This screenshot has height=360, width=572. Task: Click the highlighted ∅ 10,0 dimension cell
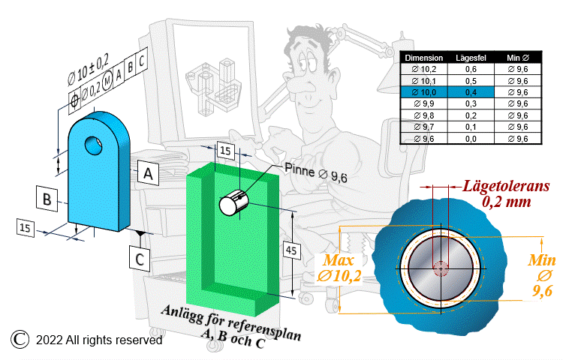424,92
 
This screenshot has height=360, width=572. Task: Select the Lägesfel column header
471,58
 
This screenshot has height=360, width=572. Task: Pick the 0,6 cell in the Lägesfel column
471,69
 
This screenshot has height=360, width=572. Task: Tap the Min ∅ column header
518,58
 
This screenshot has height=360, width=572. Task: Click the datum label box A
148,173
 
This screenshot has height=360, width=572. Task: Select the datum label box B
47,199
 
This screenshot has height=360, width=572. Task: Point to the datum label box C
140,259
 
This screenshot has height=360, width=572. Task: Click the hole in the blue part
93,145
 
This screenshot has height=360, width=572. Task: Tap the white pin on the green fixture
233,202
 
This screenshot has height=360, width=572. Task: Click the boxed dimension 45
291,250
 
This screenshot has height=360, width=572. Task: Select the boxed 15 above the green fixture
225,150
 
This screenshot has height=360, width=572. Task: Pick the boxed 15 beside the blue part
26,228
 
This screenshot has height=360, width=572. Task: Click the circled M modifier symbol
107,81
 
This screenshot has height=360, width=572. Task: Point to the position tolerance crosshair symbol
74,99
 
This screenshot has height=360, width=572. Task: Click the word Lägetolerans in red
507,186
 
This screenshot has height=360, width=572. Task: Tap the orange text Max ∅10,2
339,268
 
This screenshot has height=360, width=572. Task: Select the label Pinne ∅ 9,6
316,173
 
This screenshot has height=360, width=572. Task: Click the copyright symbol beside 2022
20,339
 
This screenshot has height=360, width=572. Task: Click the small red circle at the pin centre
441,268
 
